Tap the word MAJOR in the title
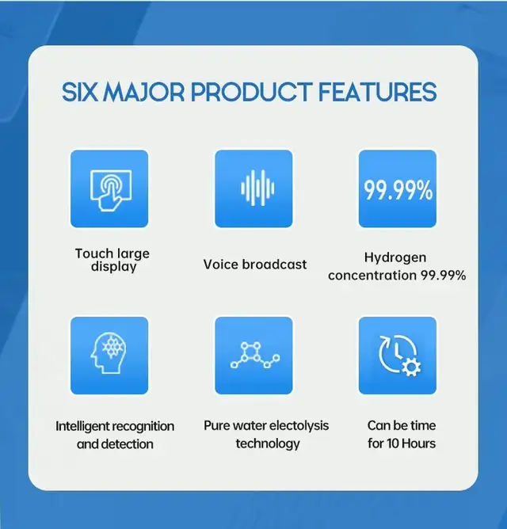pyautogui.click(x=144, y=92)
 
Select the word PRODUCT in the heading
pyautogui.click(x=251, y=92)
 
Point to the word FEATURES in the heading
pyautogui.click(x=377, y=92)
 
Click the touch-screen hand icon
pyautogui.click(x=111, y=190)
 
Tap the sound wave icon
pyautogui.click(x=257, y=188)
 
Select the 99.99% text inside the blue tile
pyautogui.click(x=398, y=190)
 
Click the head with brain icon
pyautogui.click(x=109, y=353)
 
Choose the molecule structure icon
pyautogui.click(x=255, y=355)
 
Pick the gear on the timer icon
pyautogui.click(x=411, y=367)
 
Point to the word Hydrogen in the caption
pyautogui.click(x=395, y=258)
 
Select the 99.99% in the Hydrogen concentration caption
pyautogui.click(x=443, y=276)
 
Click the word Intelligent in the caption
pyautogui.click(x=83, y=426)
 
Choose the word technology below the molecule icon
pyautogui.click(x=268, y=444)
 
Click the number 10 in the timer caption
pyautogui.click(x=393, y=443)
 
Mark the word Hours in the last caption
pyautogui.click(x=418, y=443)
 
